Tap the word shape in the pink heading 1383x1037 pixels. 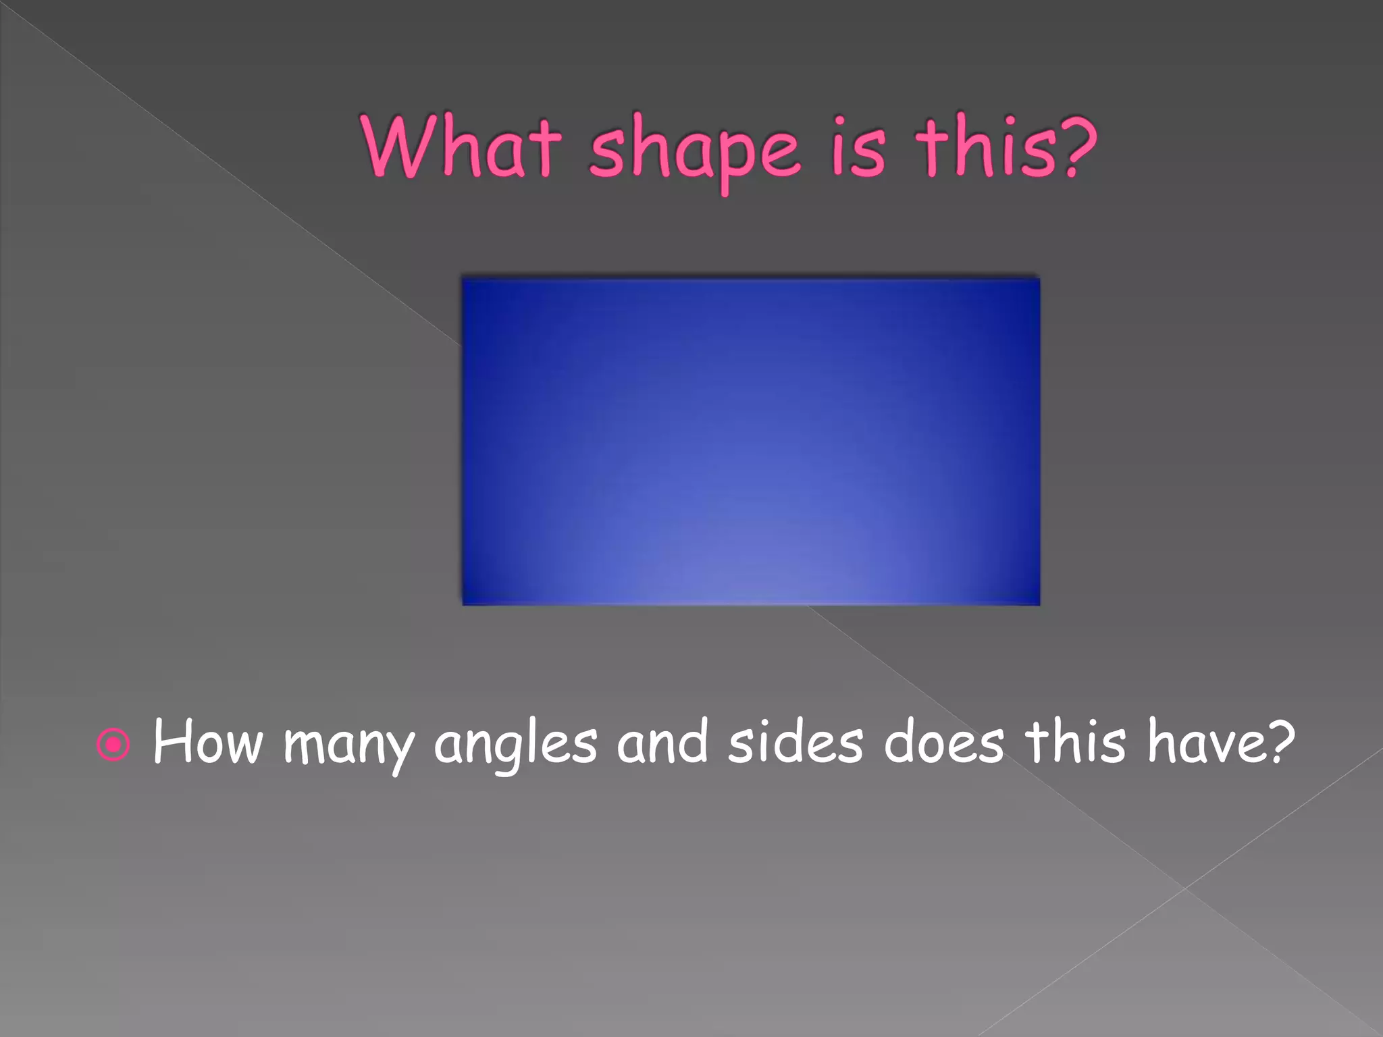696,152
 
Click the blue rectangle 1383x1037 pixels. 751,441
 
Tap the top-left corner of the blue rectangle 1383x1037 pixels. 463,279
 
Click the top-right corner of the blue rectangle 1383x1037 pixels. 1039,279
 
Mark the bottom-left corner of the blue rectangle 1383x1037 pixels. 463,604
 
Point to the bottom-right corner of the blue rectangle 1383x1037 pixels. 1039,604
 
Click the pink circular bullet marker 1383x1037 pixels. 113,745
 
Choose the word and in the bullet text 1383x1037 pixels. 662,742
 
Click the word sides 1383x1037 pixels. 795,742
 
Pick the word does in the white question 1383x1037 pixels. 943,742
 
